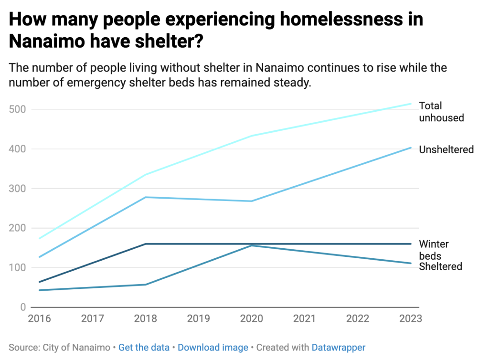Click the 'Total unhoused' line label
coord(441,112)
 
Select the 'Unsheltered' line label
coord(446,149)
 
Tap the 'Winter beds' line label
coord(434,250)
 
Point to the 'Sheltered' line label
coord(440,266)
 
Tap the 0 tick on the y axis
coord(22,307)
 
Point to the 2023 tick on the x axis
coord(410,318)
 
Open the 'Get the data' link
coord(144,348)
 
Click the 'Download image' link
coord(213,348)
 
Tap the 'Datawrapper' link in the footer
coord(338,348)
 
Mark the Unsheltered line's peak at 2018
coord(145,197)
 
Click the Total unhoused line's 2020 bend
coord(251,136)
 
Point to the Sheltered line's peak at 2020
coord(251,245)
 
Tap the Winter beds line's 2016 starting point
coord(40,282)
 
